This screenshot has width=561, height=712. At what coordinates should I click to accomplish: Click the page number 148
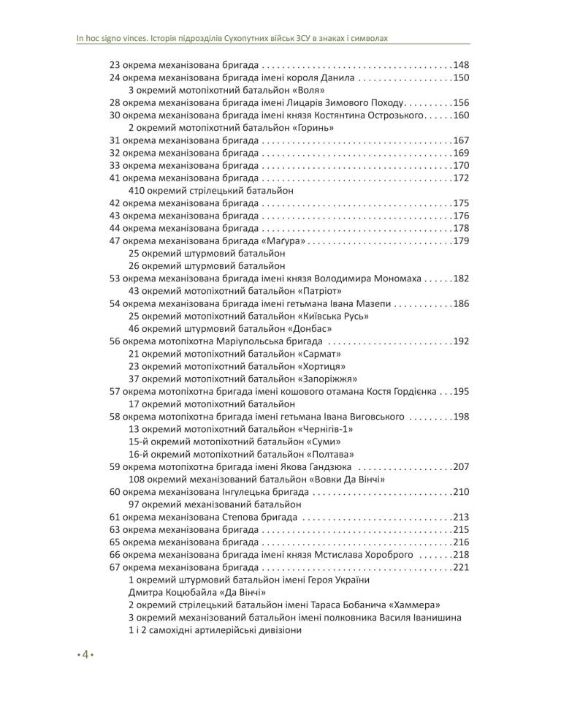click(461, 65)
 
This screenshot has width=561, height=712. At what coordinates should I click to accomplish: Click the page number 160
click(461, 115)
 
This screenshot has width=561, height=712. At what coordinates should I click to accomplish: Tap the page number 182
click(461, 279)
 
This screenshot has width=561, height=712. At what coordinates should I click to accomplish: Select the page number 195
click(461, 391)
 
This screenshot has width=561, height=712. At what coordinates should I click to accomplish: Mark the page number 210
click(461, 492)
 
